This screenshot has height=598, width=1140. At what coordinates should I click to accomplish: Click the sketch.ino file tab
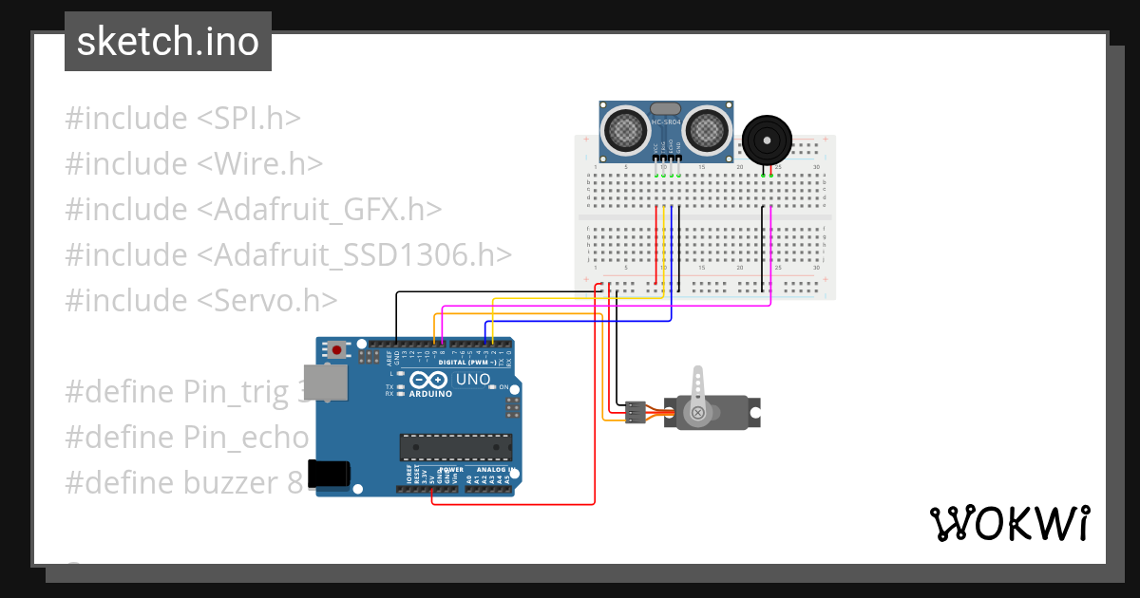tap(167, 42)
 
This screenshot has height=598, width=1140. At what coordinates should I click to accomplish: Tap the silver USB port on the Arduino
tap(324, 382)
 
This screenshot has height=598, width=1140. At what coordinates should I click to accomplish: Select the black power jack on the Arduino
tap(329, 474)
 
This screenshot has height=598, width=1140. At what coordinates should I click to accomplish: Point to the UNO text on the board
tap(473, 380)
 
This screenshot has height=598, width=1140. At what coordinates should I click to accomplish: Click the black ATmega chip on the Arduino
tap(455, 446)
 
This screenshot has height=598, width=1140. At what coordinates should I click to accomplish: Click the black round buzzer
tap(767, 140)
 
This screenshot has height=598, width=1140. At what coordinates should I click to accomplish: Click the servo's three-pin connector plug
tap(635, 412)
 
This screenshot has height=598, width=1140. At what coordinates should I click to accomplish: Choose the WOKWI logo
tap(1009, 524)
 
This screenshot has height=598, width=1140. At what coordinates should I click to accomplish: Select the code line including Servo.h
tap(201, 300)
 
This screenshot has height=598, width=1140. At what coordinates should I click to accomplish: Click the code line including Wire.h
tap(194, 163)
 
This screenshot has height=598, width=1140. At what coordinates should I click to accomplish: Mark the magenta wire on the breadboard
tap(770, 256)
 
